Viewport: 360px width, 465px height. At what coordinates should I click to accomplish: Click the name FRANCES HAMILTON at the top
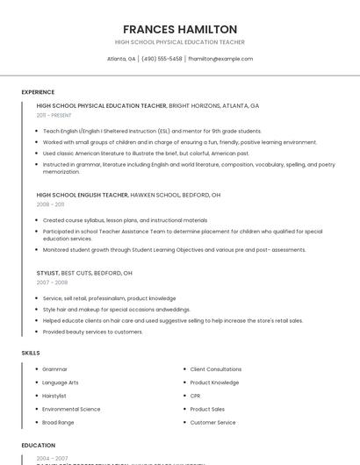coord(180,29)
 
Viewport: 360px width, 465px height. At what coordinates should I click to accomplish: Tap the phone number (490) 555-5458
coord(162,59)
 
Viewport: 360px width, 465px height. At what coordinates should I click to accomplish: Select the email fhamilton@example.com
coord(220,59)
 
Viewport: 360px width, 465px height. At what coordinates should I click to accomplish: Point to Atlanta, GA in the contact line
coord(121,59)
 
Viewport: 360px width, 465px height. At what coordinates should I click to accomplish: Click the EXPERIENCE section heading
coord(38,92)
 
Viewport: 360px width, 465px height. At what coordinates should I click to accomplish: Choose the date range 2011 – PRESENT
coord(54,115)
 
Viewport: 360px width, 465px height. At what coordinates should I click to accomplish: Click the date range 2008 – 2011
coord(50,204)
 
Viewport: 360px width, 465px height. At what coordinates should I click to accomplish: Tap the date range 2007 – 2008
coord(52,283)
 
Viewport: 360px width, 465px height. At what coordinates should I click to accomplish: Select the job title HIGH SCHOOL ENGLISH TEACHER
coord(82,194)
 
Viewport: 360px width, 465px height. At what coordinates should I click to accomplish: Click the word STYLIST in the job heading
coord(47,273)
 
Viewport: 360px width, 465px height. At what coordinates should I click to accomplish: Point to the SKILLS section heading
coord(31,353)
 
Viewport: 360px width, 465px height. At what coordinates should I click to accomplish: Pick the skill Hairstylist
coord(54,396)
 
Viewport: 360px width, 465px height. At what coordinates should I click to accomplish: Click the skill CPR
coord(196,396)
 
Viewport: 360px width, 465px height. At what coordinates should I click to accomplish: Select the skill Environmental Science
coord(71,409)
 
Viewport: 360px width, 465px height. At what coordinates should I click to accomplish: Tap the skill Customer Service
coord(212,422)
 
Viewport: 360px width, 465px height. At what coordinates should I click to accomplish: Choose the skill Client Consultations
coord(216,369)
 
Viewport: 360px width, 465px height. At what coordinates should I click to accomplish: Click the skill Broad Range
coord(58,422)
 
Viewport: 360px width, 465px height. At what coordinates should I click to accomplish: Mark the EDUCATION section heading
coord(38,445)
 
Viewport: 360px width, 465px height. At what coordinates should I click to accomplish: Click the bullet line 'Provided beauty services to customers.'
coord(92,332)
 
